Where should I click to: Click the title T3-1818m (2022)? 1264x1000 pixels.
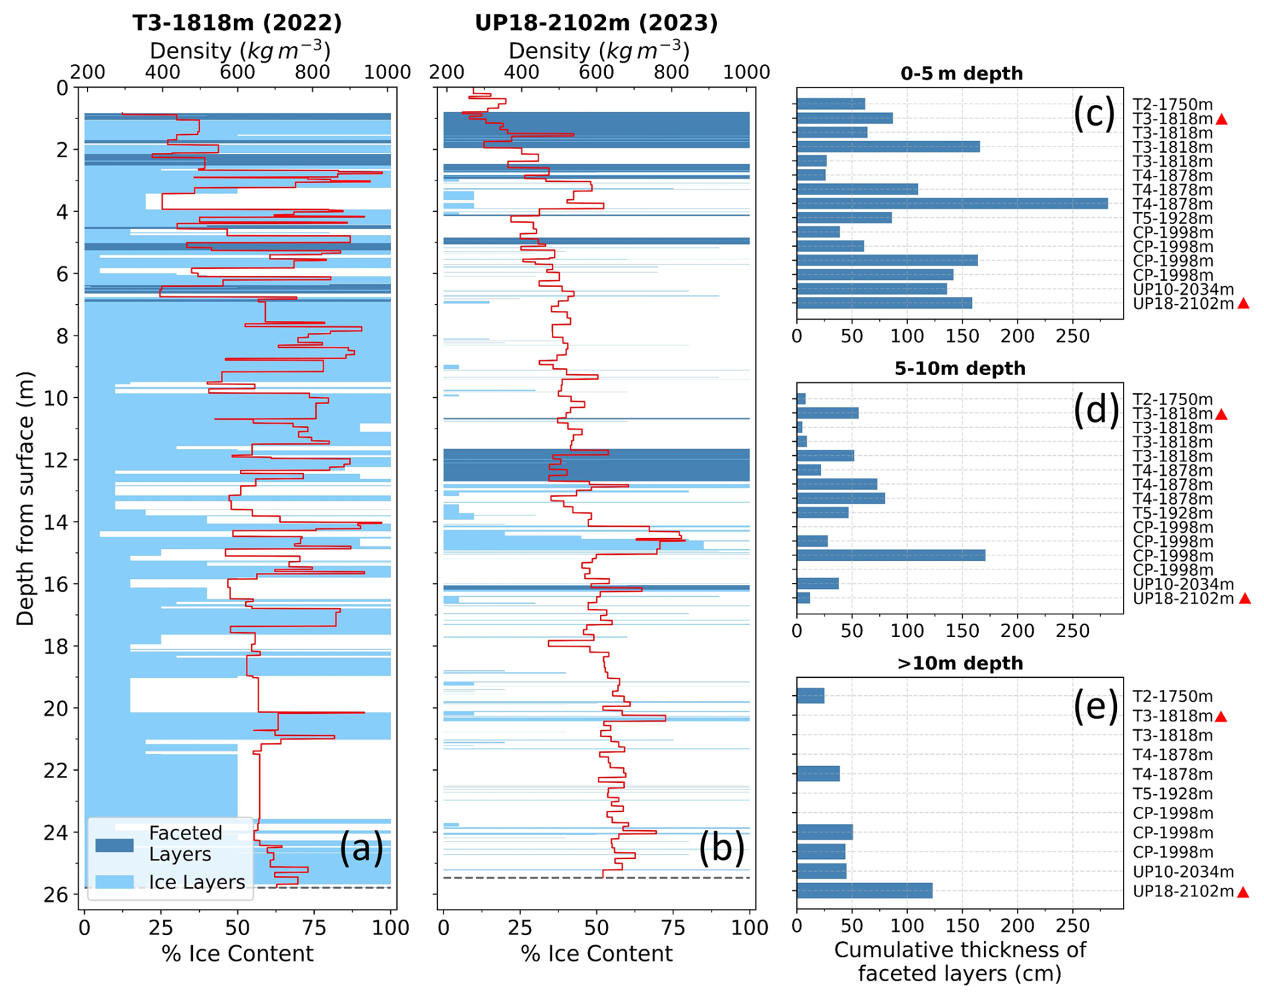click(237, 23)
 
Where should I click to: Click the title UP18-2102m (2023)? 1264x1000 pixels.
click(596, 23)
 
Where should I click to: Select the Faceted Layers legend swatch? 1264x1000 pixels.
click(114, 845)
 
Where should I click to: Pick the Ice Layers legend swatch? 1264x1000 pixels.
click(114, 882)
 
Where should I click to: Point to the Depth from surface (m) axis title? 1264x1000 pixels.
click(25, 498)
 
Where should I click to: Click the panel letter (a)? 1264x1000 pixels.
click(361, 848)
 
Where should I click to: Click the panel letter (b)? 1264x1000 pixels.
click(721, 848)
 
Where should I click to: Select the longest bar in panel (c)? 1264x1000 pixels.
click(952, 204)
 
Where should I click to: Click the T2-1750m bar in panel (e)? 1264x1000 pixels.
click(810, 696)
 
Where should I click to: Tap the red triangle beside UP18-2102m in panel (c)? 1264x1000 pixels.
click(1243, 303)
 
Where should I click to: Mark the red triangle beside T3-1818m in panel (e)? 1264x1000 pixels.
click(1221, 717)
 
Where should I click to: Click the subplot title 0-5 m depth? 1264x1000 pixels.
click(961, 74)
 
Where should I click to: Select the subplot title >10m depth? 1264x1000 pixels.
click(960, 663)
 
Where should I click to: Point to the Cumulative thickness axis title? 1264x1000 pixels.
click(960, 961)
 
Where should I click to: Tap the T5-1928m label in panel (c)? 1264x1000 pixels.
click(1172, 219)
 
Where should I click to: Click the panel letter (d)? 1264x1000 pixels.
click(1096, 409)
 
